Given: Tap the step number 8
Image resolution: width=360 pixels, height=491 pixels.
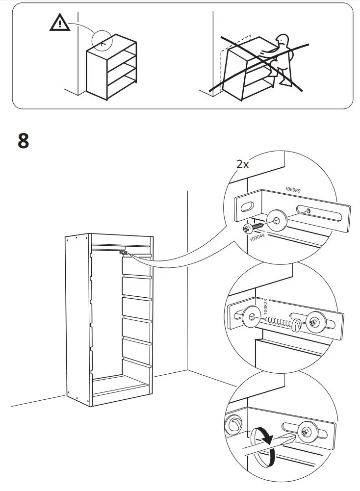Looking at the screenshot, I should tap(24, 141).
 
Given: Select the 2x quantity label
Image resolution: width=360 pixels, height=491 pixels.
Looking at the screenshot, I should tap(242, 164).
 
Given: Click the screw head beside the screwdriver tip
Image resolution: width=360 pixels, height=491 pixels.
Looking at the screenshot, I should tap(307, 432).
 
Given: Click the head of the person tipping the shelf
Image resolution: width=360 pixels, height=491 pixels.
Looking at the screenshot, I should tap(283, 40).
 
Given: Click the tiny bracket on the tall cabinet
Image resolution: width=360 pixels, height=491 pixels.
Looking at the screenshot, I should tap(125, 253).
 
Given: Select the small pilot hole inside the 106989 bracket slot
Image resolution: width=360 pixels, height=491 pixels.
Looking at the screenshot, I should tap(308, 211).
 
